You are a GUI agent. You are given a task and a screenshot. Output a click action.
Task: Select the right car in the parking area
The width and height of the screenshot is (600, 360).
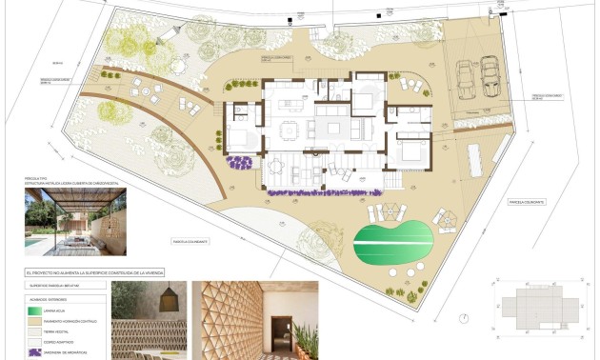click(x=490, y=75)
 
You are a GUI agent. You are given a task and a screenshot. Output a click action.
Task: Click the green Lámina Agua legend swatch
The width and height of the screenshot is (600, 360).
click(x=40, y=310)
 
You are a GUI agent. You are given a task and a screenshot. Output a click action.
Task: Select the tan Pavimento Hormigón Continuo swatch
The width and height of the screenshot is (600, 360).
click(x=40, y=322)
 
